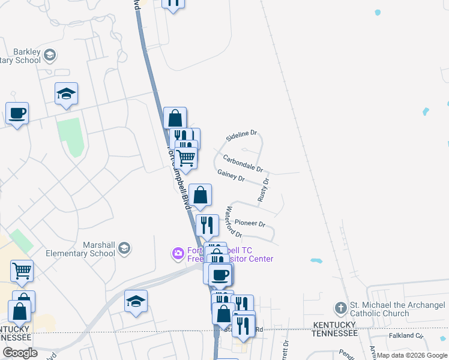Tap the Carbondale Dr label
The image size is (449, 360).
tap(243, 163)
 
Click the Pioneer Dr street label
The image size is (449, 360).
tap(250, 223)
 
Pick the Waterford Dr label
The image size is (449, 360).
tap(233, 222)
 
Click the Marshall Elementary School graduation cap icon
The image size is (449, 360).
tap(124, 248)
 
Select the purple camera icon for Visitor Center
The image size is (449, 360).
tap(178, 254)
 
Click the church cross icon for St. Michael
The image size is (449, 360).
tap(340, 308)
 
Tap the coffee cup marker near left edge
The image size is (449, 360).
tap(17, 113)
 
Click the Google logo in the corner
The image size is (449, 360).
tap(20, 353)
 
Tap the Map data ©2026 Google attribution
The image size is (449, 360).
tap(412, 355)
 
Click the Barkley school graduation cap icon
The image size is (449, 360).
tap(49, 56)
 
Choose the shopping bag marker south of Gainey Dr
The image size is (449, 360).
tap(200, 195)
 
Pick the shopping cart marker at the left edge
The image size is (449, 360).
tap(22, 271)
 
